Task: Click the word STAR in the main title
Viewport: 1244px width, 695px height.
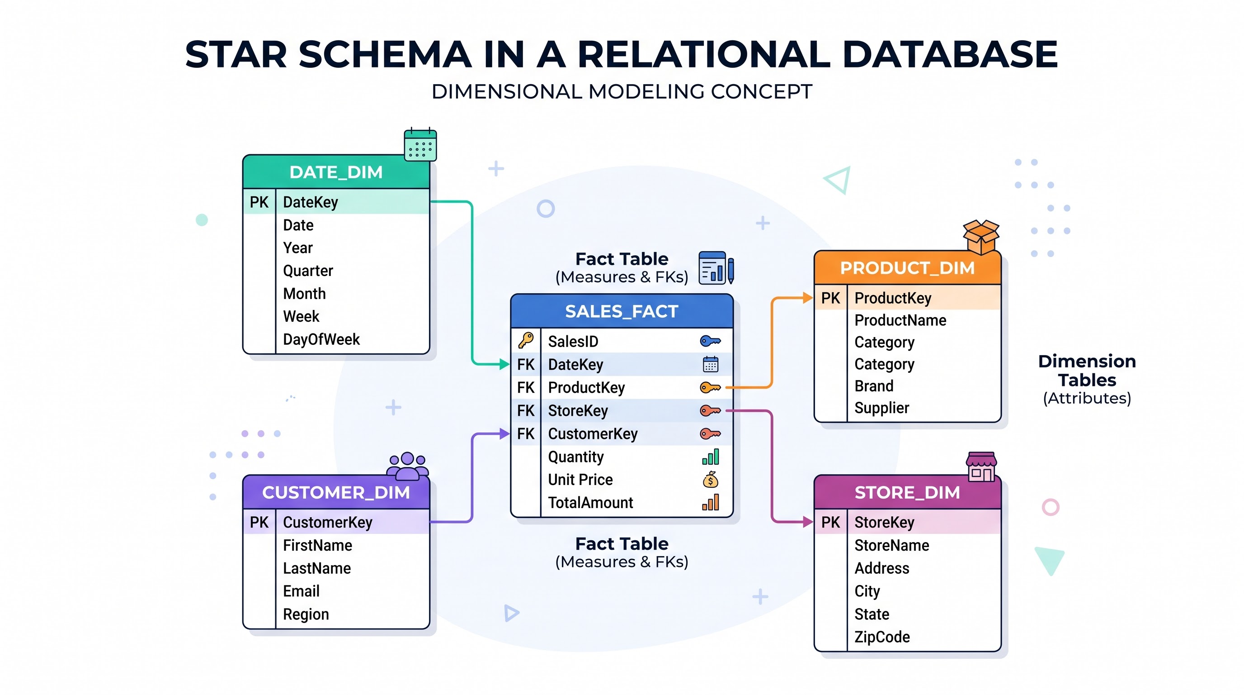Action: pos(236,54)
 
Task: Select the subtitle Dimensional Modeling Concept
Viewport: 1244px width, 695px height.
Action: pos(622,91)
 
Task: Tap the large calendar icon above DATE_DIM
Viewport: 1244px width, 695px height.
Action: pos(420,144)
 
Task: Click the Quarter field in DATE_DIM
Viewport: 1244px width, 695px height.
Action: pos(308,271)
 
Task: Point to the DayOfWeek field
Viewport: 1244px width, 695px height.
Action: pos(321,339)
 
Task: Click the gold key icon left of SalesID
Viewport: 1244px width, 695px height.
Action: pos(526,340)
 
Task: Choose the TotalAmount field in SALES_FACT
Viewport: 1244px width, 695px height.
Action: pos(590,503)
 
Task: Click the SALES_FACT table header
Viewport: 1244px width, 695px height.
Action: pos(622,311)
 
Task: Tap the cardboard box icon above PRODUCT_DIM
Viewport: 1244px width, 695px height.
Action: pos(981,237)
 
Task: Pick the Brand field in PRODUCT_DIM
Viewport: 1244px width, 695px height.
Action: pos(874,386)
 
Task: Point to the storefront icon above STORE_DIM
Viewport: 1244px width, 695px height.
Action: pos(981,467)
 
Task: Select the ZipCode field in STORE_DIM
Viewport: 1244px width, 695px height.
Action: pos(882,637)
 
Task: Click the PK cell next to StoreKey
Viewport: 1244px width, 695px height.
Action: pos(831,522)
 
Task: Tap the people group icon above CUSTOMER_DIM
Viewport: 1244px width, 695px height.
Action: pos(408,466)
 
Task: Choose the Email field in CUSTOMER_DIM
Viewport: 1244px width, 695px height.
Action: pos(301,591)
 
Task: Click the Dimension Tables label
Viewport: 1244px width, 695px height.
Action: pos(1087,370)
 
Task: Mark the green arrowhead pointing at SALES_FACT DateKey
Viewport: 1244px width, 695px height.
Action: pos(504,364)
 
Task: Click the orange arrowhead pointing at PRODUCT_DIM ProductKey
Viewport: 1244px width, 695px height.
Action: pos(808,298)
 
